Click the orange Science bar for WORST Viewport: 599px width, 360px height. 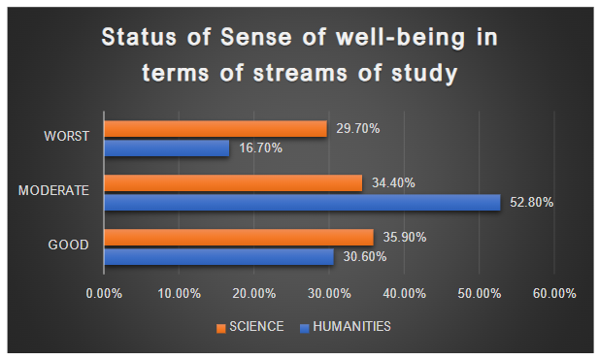click(x=215, y=129)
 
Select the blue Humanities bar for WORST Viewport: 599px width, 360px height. click(x=166, y=147)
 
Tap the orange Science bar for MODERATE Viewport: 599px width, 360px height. click(x=232, y=182)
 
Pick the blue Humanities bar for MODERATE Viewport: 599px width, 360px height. click(x=301, y=202)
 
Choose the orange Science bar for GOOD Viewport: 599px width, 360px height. click(x=238, y=238)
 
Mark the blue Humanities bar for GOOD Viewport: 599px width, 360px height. click(x=218, y=256)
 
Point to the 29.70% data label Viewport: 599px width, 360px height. click(x=357, y=129)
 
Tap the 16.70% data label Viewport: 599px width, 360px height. click(x=259, y=147)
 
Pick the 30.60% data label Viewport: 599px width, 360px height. click(x=363, y=256)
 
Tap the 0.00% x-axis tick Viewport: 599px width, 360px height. click(x=105, y=293)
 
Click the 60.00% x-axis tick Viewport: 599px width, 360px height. click(x=554, y=293)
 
